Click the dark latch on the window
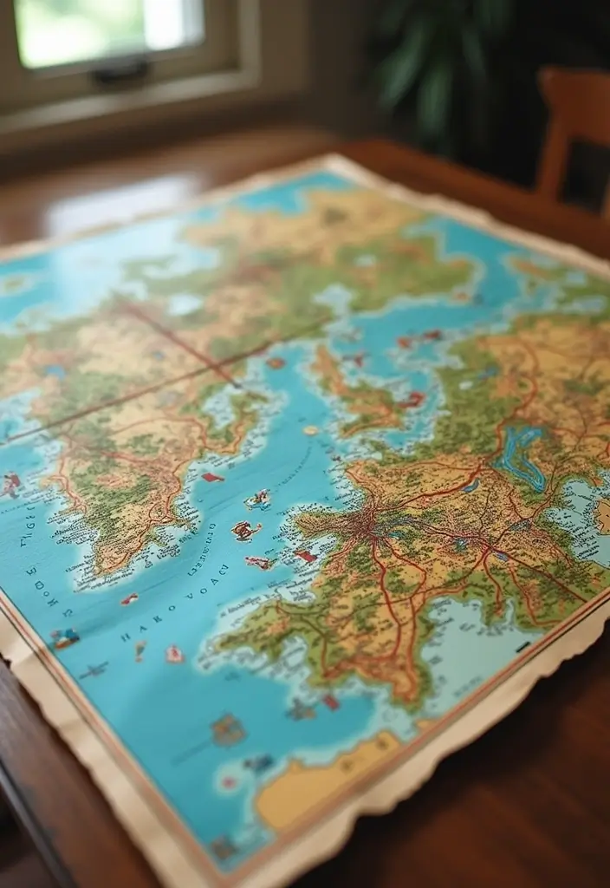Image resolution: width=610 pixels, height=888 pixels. [x=122, y=72]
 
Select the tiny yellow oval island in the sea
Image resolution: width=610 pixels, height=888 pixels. [x=310, y=429]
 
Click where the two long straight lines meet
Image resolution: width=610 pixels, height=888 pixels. [x=236, y=384]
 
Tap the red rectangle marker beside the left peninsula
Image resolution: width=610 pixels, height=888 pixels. [x=212, y=477]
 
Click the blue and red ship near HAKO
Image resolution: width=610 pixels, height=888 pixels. [x=65, y=639]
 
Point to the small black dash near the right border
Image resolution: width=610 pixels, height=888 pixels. [x=522, y=647]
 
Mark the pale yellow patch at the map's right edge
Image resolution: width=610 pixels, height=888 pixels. [x=602, y=516]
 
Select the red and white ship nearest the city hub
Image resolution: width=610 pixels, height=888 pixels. [x=305, y=555]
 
